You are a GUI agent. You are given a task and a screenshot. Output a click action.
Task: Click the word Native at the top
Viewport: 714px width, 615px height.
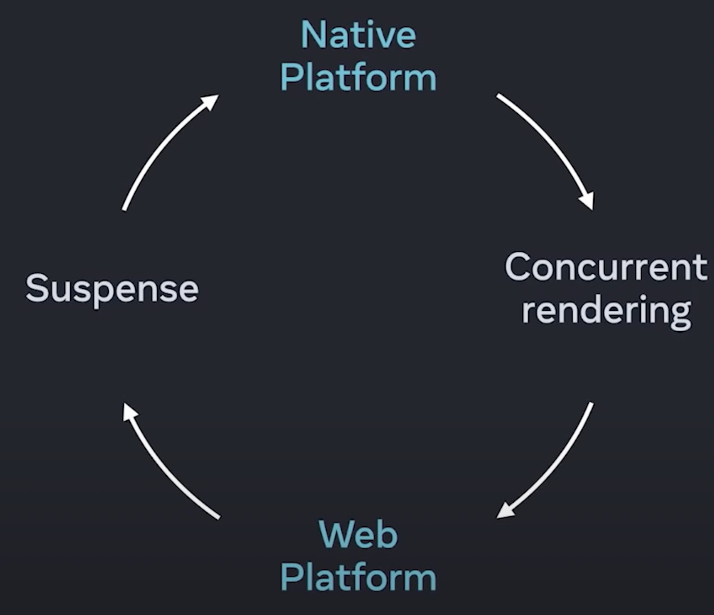[358, 35]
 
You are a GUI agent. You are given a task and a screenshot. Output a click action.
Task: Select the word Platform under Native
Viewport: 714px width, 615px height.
[358, 77]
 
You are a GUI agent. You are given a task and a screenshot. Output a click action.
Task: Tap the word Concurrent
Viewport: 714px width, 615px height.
[606, 267]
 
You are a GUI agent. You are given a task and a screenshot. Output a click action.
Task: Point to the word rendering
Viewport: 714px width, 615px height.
[606, 310]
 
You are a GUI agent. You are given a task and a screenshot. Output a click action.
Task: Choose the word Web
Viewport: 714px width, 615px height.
[358, 534]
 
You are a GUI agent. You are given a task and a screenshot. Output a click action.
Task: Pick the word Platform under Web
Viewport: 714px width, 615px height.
[358, 577]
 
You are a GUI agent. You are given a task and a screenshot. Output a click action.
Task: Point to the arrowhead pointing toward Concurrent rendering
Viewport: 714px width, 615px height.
[587, 200]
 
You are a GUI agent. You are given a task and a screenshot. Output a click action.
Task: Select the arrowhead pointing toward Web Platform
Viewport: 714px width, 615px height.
[505, 510]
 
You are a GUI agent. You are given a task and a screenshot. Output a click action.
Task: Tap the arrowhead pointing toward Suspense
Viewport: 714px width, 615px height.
[130, 411]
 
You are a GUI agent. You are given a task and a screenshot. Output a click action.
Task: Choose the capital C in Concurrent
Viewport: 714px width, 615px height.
[520, 267]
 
